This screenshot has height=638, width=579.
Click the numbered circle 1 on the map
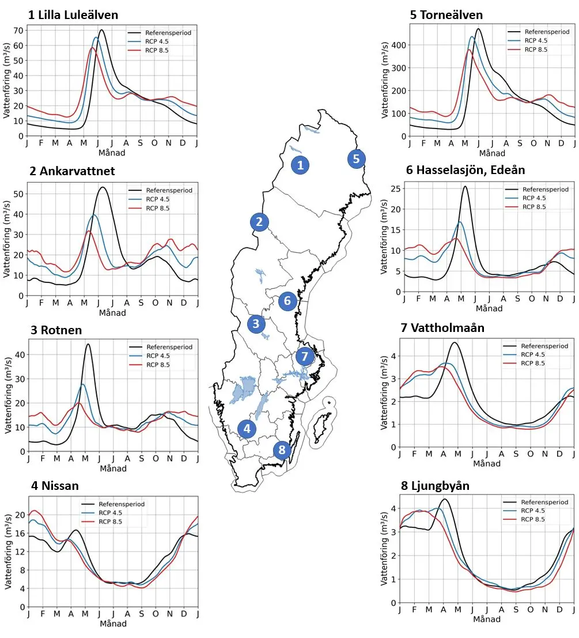pos(299,165)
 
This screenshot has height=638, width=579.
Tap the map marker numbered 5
pos(356,158)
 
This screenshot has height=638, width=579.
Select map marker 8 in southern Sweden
pos(281,450)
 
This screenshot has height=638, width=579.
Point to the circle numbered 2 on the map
pos(259,222)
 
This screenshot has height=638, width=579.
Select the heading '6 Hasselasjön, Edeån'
pos(465,170)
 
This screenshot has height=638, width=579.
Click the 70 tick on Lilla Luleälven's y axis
pos(19,31)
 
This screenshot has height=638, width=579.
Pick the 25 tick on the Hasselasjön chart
pos(394,188)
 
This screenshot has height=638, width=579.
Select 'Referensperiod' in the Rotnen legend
pos(169,347)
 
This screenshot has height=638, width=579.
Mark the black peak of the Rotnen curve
pos(88,344)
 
